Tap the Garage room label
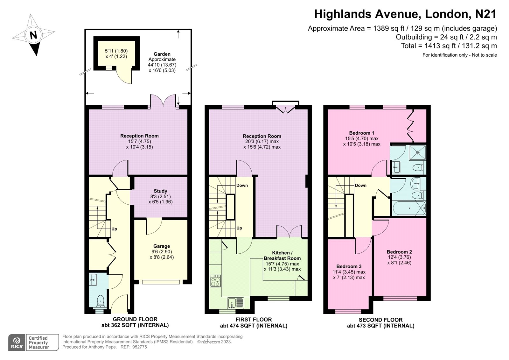[162, 246]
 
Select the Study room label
[160, 191]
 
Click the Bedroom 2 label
[399, 252]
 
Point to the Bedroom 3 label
[349, 266]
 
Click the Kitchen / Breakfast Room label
[282, 255]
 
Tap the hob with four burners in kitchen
[215, 281]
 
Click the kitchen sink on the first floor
[236, 303]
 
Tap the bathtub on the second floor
[409, 208]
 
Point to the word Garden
[162, 54]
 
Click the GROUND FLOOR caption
[135, 319]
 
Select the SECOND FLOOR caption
[380, 320]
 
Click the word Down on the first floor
[242, 185]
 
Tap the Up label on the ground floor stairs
[114, 229]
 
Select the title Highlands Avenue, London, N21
[405, 14]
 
